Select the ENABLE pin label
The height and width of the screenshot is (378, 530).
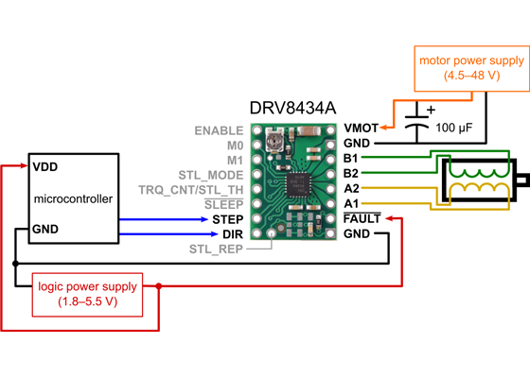point(219,130)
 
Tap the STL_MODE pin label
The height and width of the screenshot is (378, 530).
point(211,175)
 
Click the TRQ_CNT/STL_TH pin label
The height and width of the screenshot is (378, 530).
point(192,189)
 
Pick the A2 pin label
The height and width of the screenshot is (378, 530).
point(351,189)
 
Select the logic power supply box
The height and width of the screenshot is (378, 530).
point(86,294)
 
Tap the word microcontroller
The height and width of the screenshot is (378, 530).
point(73,199)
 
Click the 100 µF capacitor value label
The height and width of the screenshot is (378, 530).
point(454,126)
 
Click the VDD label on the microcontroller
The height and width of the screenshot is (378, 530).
point(44,166)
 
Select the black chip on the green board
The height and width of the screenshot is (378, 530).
point(298,180)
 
